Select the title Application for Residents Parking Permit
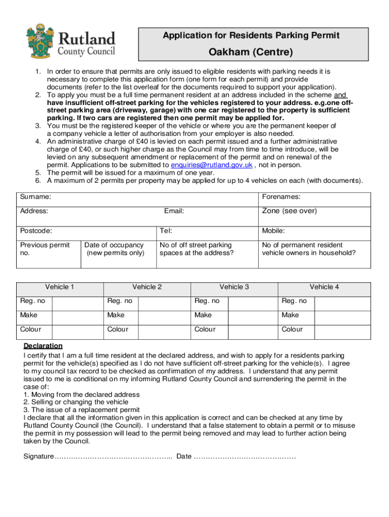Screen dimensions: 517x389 tap(251, 35)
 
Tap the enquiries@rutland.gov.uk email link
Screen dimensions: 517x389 tap(212, 165)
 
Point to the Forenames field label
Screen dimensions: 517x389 tap(281, 197)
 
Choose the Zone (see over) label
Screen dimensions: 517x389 tap(289, 211)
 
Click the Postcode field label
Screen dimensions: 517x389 tap(35, 231)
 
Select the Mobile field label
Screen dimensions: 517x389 tap(273, 231)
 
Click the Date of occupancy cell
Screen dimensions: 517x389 tap(115, 249)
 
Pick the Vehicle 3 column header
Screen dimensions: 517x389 tap(234, 287)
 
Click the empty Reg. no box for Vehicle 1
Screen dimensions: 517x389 tap(77, 301)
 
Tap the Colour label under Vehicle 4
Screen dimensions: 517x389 tap(292, 329)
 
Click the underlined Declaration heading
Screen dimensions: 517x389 tap(43, 346)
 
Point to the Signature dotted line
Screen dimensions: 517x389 tap(114, 457)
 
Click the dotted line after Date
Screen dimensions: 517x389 tap(245, 457)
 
